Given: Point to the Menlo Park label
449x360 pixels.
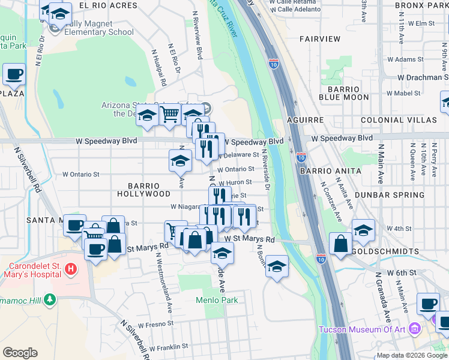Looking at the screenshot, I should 217,300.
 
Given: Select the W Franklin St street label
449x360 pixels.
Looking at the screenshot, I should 169,347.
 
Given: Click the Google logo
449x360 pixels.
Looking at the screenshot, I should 20,353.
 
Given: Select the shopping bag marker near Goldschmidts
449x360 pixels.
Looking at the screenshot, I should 340,243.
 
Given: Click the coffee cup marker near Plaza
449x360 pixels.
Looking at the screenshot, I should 14,74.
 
